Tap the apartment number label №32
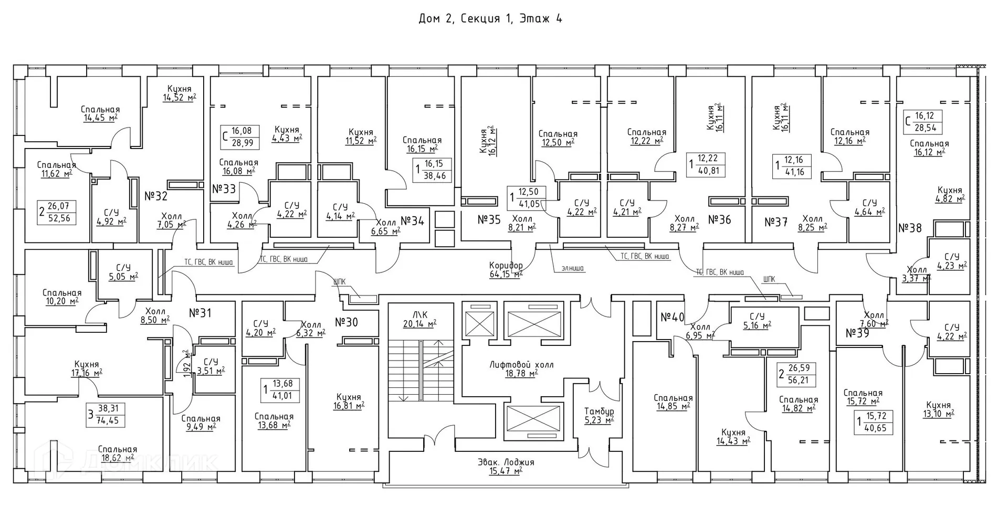click(156, 196)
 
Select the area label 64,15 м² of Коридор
click(506, 274)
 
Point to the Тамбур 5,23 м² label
click(599, 416)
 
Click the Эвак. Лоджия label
click(506, 462)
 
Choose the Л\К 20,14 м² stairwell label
click(419, 319)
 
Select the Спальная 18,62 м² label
click(117, 453)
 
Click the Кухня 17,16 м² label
click(87, 368)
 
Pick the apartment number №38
click(910, 228)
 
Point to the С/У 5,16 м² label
click(757, 321)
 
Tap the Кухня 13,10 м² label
click(938, 409)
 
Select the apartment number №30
click(346, 322)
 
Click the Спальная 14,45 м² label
click(100, 113)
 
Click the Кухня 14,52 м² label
click(180, 93)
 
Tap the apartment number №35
click(489, 219)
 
